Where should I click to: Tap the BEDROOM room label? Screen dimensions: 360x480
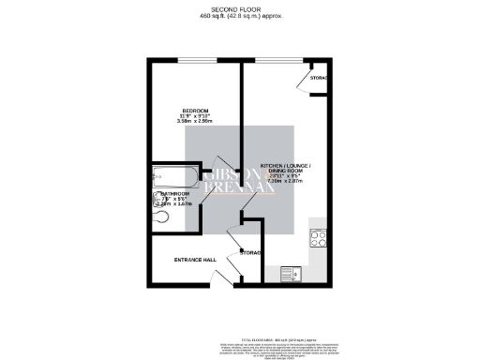194,109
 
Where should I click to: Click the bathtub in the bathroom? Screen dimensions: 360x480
172,174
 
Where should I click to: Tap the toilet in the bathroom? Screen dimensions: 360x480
160,216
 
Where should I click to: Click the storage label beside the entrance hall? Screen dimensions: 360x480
250,252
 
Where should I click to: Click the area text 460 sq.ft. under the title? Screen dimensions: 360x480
239,18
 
